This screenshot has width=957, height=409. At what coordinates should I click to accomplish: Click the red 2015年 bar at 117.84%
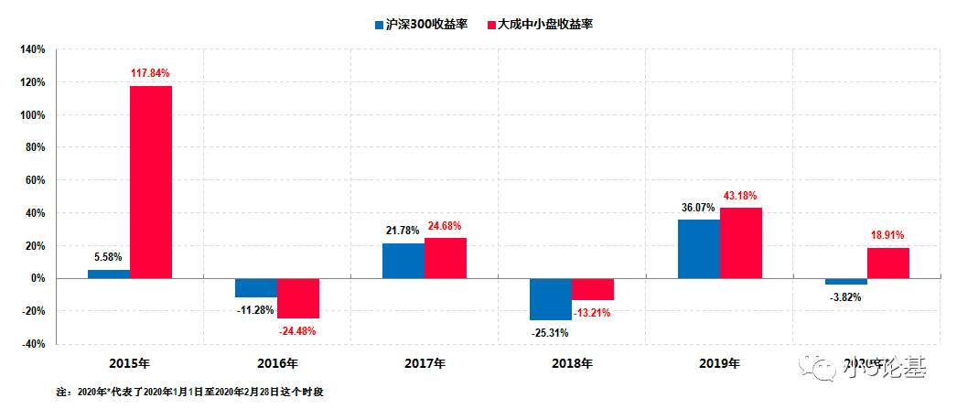tap(151, 181)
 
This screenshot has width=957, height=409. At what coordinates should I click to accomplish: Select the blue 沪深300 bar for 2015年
tap(109, 274)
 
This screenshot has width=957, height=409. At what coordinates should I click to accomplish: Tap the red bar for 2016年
tap(298, 298)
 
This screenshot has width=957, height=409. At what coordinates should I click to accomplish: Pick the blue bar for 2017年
tap(403, 261)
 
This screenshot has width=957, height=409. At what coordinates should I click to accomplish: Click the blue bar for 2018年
tap(551, 299)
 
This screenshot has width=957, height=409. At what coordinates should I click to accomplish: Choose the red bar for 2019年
tap(741, 242)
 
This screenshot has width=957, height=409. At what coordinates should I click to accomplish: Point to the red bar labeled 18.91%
tap(888, 263)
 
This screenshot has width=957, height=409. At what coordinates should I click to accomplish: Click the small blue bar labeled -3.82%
tap(846, 282)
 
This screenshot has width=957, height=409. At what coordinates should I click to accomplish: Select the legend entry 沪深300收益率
tap(420, 24)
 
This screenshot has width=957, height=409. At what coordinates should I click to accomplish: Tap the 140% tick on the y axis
tap(33, 49)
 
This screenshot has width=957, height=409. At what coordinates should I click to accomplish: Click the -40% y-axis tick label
tap(33, 344)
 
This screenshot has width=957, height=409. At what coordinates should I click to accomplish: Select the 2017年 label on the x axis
tap(425, 363)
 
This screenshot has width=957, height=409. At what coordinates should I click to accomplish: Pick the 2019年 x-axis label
tap(719, 363)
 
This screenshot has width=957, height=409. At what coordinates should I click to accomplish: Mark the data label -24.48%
tap(298, 331)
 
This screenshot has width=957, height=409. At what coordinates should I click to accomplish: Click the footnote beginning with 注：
tap(190, 392)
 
